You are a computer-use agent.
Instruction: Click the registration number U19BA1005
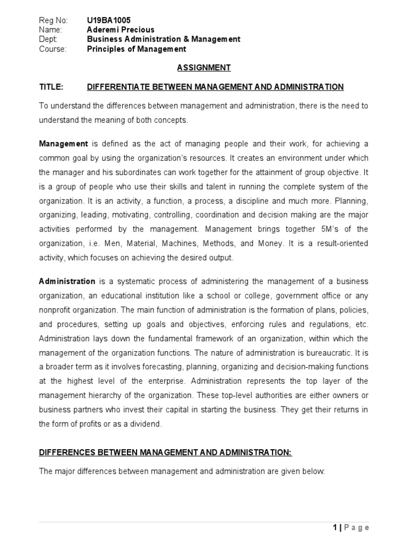click(108, 20)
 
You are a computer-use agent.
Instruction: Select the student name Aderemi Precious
click(121, 30)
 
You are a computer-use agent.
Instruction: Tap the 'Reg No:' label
click(54, 20)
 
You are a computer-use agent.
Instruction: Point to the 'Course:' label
click(53, 49)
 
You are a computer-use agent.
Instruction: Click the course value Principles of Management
click(137, 49)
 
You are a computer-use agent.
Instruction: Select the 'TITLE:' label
click(52, 87)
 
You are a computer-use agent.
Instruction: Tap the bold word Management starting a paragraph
click(64, 144)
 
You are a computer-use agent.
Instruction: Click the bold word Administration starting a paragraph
click(67, 282)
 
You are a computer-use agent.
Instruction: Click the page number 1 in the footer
click(334, 528)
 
